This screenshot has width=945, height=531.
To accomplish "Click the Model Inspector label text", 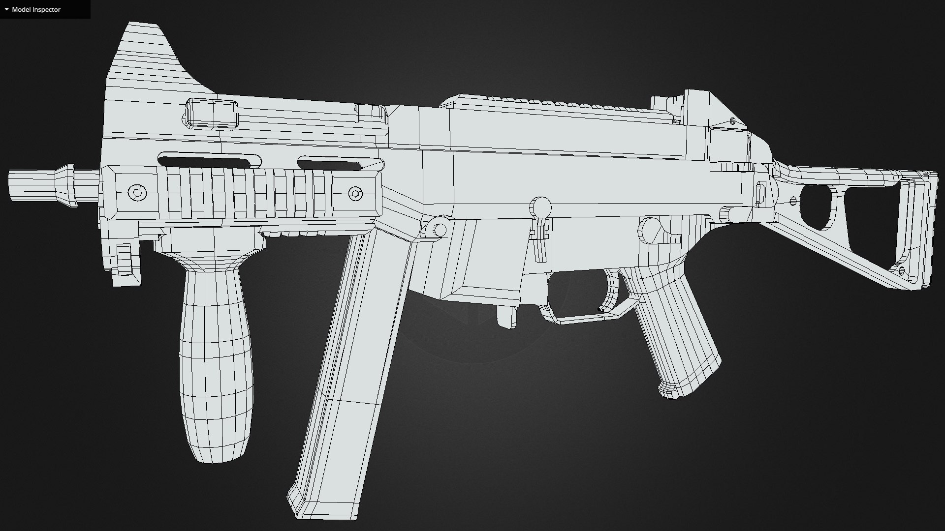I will (x=36, y=9).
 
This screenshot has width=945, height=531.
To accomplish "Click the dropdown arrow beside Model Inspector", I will (x=6, y=9).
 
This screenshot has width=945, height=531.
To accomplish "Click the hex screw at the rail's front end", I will (x=136, y=192).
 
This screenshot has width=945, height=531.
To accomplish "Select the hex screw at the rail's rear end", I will (x=355, y=194).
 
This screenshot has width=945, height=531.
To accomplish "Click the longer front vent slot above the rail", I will (x=209, y=161).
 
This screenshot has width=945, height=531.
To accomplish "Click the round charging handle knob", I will (x=541, y=206).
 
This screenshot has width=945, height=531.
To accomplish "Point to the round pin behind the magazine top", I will (x=440, y=230).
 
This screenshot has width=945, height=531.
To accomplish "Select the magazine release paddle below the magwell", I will (x=505, y=317).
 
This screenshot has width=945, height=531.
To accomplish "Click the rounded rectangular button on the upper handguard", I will (x=212, y=113).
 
